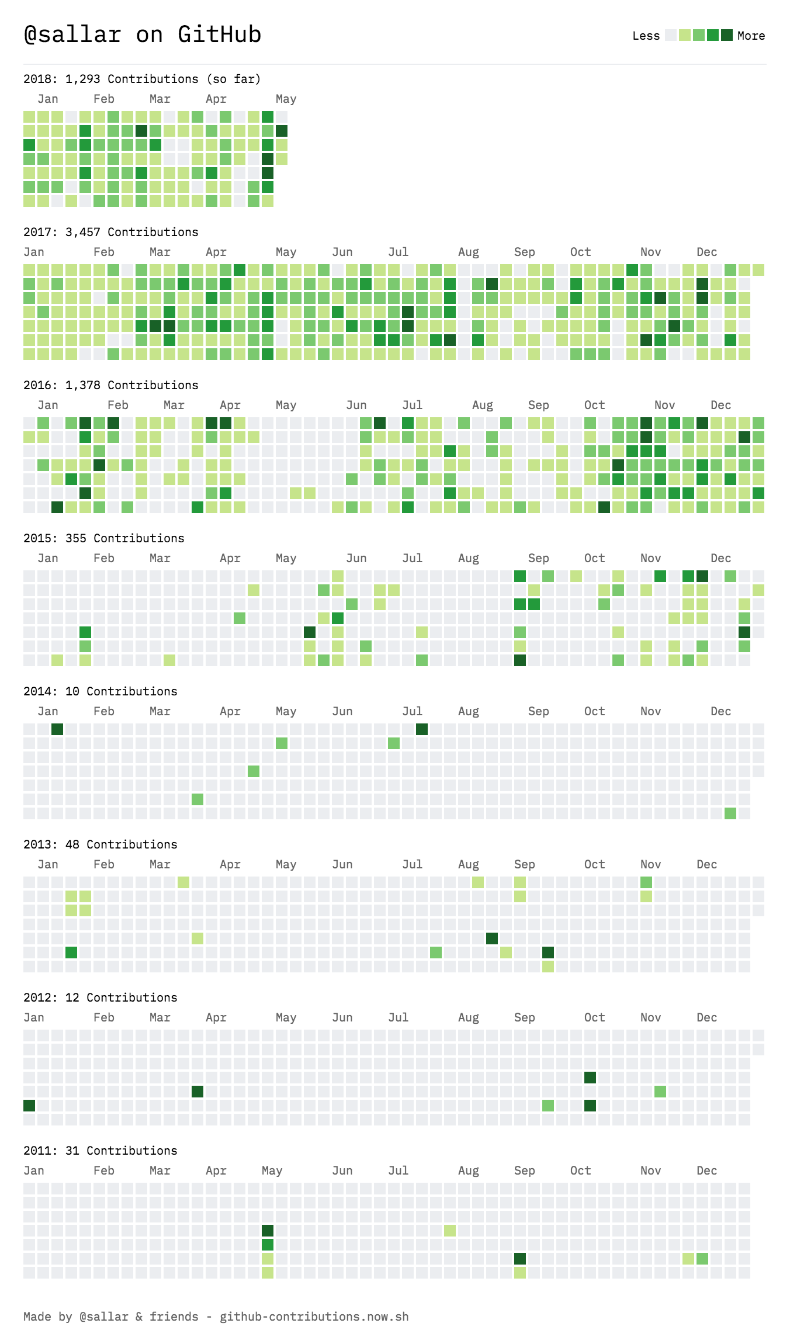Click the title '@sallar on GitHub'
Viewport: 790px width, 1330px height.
pos(142,34)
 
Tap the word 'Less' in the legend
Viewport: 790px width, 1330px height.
pos(646,36)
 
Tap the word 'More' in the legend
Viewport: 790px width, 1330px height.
pos(751,36)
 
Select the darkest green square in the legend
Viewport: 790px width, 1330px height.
pos(726,35)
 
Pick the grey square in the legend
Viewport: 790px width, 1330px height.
pos(671,35)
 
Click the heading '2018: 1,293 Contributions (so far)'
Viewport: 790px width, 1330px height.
pos(142,79)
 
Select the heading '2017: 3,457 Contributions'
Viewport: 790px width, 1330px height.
pos(110,232)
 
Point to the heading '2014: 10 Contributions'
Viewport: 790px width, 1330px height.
pos(100,691)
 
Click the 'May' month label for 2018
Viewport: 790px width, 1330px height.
pos(286,99)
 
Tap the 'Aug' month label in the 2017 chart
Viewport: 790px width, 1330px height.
pos(468,252)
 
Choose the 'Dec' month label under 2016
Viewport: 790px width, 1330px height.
pos(720,405)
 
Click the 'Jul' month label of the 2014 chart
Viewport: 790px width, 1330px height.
pos(412,711)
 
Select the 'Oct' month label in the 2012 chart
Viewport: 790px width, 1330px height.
pos(594,1017)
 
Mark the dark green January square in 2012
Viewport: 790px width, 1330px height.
pos(29,1106)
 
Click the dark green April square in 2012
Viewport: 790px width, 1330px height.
pos(197,1092)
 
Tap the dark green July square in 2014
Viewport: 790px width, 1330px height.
pos(422,729)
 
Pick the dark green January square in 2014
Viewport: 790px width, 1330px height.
pos(57,729)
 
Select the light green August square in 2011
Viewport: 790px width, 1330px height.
pos(450,1231)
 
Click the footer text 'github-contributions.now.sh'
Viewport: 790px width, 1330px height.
pos(314,1317)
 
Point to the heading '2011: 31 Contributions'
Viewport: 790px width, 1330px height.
pos(100,1151)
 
